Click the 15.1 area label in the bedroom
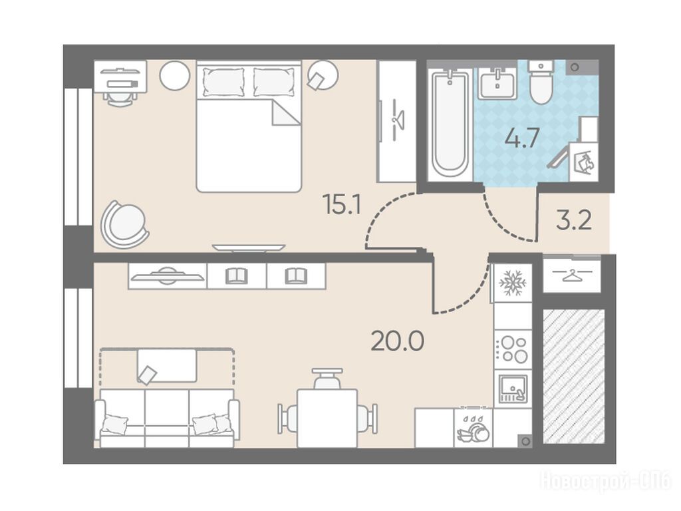[342, 205]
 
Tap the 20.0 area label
[398, 341]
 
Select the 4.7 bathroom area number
[521, 138]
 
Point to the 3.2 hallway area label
[574, 221]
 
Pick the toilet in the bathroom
[541, 83]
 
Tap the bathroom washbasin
[497, 83]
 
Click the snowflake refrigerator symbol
[513, 283]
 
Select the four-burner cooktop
[514, 349]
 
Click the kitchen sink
[513, 389]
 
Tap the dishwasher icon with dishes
[473, 428]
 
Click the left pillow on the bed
[223, 82]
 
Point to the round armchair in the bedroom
[124, 224]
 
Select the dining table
[327, 418]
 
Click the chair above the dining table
[327, 379]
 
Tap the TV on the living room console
[167, 276]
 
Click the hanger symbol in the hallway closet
[571, 275]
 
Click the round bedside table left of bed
[175, 75]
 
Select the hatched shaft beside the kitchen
[574, 377]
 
